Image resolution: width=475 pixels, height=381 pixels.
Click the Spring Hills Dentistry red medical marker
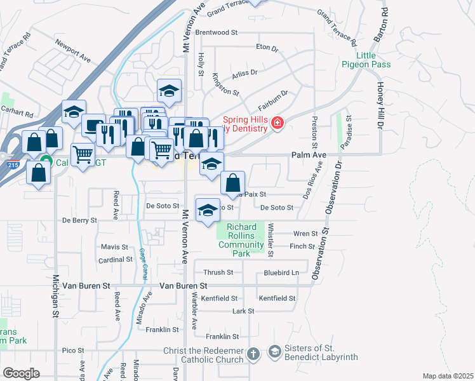click(277, 123)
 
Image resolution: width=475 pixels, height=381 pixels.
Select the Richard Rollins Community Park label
click(241, 240)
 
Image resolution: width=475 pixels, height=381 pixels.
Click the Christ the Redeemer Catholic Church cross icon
click(253, 353)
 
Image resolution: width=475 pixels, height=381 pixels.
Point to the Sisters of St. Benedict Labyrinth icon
click(274, 352)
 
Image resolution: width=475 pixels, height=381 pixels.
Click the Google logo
click(21, 373)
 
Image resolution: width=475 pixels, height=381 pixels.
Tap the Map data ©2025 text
click(448, 376)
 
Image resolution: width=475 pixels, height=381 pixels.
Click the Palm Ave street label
click(309, 154)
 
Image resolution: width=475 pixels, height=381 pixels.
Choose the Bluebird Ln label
click(281, 272)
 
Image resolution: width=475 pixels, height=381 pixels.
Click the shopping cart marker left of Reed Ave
click(83, 154)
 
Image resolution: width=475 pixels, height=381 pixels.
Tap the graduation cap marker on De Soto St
click(208, 211)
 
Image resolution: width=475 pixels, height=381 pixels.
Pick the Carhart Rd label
click(17, 113)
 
